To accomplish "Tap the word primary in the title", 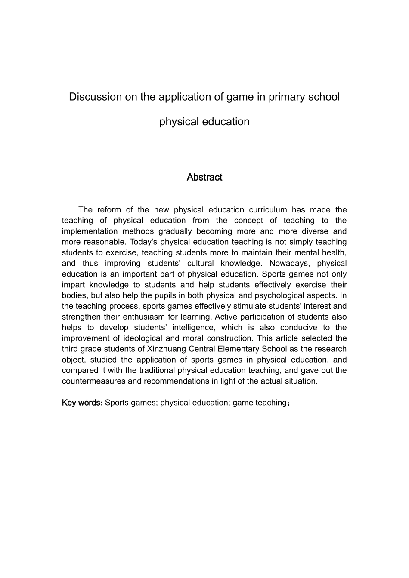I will (286, 97).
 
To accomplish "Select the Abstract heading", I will (204, 177).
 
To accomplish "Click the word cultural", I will (200, 263).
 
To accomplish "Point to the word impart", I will (74, 285).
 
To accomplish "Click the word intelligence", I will (188, 328).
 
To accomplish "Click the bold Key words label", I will (81, 403).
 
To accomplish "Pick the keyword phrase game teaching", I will (260, 403).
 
